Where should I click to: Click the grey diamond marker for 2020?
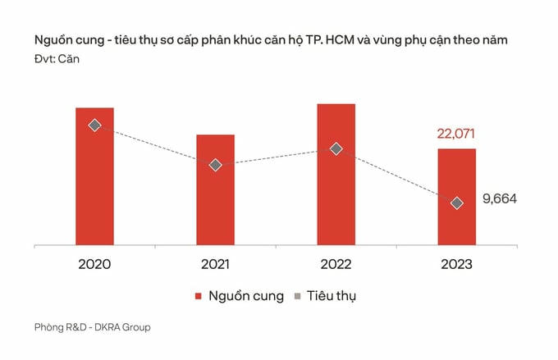94,125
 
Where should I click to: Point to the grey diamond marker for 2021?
215,165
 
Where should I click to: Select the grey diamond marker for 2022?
336,148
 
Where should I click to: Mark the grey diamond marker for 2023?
457,203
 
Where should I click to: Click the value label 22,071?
455,134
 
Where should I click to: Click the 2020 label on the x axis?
94,264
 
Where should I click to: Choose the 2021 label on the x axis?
215,264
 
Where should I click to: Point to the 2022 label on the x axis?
336,264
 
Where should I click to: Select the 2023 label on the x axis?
456,264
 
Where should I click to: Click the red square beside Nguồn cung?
199,296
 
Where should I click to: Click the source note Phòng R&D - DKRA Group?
93,327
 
